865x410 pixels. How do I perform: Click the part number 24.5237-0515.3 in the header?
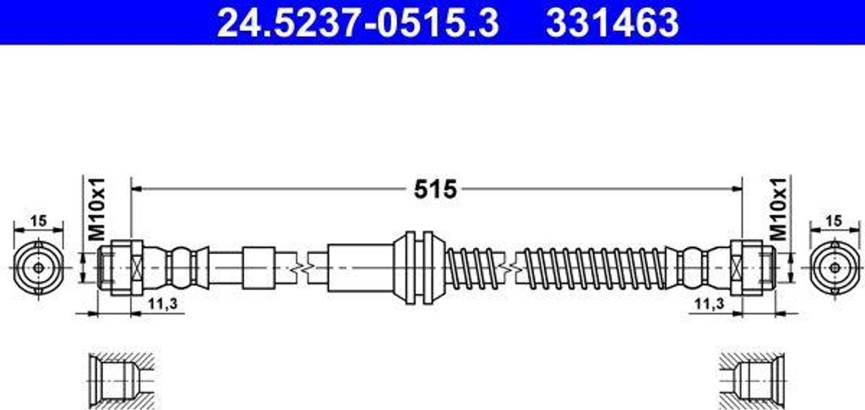[358, 23]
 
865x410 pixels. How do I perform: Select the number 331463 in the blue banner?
[612, 23]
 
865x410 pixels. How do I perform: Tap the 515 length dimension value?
[436, 190]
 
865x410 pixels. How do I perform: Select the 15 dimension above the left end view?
[38, 221]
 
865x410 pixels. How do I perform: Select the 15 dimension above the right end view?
[835, 221]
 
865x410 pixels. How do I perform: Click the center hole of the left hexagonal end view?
[38, 267]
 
